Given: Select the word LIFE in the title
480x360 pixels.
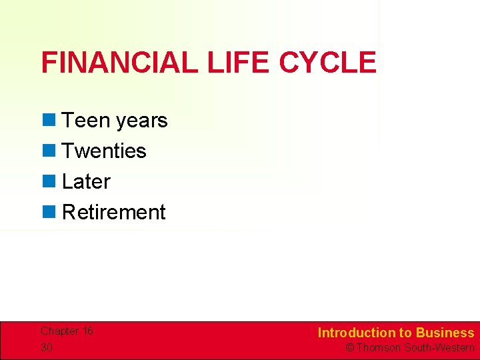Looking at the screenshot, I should [x=238, y=63].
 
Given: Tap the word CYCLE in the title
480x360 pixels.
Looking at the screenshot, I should [x=327, y=63].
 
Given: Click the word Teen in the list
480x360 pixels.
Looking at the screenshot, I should [x=86, y=121].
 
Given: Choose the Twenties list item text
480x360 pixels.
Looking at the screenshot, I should [x=104, y=151].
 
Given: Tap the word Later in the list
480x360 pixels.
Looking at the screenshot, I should [x=86, y=182].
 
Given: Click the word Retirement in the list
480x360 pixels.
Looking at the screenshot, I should [x=113, y=213].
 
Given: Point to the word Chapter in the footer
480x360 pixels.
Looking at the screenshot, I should [x=59, y=331].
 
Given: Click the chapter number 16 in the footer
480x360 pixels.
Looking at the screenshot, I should [x=87, y=331].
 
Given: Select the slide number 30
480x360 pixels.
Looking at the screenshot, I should [x=47, y=348].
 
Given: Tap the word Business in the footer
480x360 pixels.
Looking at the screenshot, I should [x=445, y=333].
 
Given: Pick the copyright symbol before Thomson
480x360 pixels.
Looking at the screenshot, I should [x=349, y=348].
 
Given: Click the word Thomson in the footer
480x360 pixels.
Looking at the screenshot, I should [x=379, y=348].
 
